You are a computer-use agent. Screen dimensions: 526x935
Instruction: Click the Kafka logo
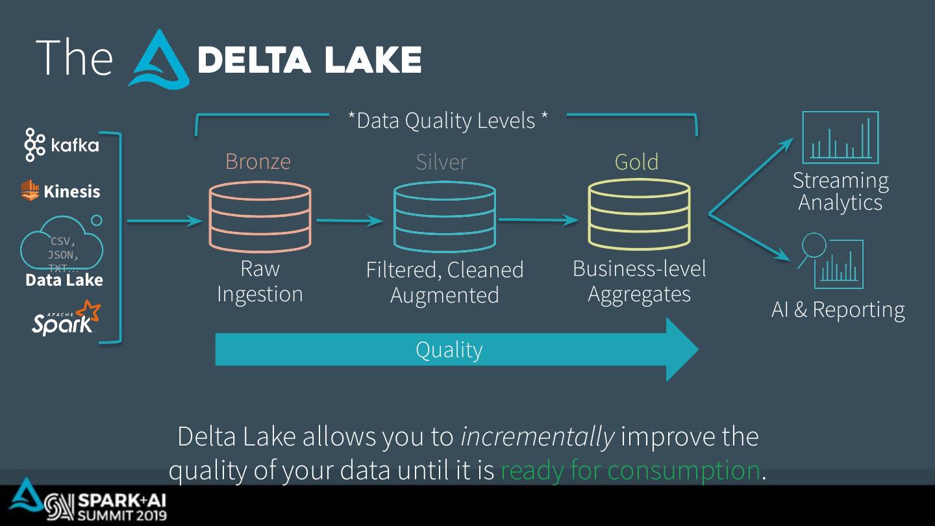tap(62, 144)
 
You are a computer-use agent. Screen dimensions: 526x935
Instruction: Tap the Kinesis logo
tap(60, 191)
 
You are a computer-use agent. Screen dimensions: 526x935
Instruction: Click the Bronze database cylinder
tap(260, 217)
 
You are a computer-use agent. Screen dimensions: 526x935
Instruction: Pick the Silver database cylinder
tap(445, 217)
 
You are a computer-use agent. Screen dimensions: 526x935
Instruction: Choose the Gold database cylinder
tap(639, 214)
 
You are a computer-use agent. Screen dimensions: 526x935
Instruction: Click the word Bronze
tap(258, 161)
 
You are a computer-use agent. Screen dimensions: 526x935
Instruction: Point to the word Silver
tap(441, 162)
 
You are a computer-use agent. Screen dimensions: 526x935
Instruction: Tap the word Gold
tap(636, 162)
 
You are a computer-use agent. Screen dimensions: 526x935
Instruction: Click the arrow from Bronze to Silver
tap(349, 221)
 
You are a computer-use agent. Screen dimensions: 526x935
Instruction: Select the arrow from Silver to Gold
tap(538, 221)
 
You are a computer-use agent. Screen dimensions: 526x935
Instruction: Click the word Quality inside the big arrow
tap(449, 350)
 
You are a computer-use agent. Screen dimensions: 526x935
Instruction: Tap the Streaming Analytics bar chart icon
tap(840, 137)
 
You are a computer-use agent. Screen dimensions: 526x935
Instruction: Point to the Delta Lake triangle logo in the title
tap(158, 60)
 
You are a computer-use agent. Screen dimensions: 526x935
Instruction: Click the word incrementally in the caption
tap(537, 437)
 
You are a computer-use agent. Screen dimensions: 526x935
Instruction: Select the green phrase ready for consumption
tap(630, 470)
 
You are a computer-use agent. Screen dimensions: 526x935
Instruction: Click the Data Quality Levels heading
tap(448, 120)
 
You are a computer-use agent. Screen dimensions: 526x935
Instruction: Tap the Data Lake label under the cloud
tap(64, 280)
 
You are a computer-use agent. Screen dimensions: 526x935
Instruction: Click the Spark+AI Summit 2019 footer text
tap(121, 508)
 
